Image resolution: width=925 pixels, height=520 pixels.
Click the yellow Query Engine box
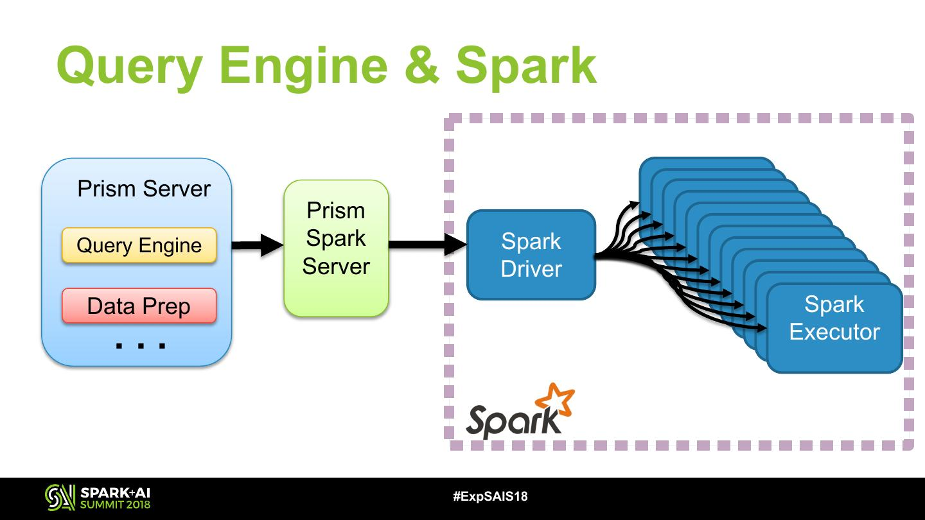point(139,245)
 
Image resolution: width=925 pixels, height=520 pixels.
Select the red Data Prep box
point(139,306)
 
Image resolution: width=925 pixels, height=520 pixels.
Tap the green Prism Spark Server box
point(336,248)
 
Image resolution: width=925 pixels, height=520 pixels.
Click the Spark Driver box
point(531,255)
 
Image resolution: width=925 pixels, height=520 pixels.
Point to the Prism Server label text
point(144,189)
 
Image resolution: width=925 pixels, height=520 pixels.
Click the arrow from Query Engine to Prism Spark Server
point(256,245)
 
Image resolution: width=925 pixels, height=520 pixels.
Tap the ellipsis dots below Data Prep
point(140,345)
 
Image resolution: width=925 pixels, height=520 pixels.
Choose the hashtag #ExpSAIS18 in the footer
point(490,496)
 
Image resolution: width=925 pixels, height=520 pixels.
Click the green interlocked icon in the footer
point(60,498)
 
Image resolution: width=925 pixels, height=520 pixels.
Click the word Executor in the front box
point(834,332)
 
